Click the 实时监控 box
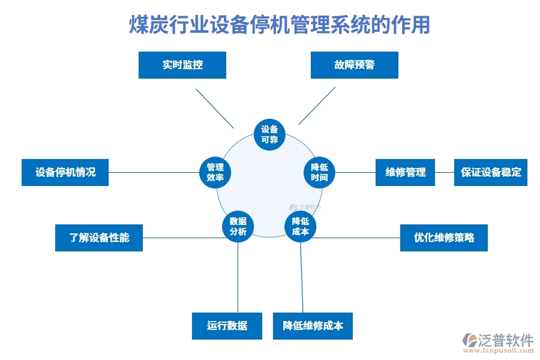[182, 65]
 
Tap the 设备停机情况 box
[65, 172]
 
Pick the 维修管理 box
[405, 172]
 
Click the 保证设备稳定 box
[490, 172]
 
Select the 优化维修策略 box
[443, 238]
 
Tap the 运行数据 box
[227, 326]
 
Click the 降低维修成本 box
[313, 326]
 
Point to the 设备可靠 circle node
[269, 134]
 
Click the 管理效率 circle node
[215, 172]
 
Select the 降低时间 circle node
[319, 172]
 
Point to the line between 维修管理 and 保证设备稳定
[444, 172]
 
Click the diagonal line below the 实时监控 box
[214, 108]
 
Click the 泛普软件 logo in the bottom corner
[498, 342]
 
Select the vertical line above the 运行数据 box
[238, 276]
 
